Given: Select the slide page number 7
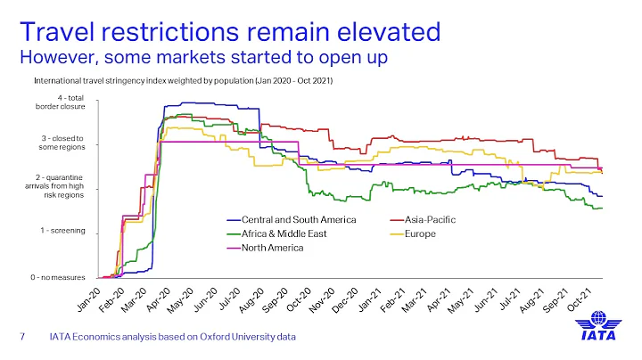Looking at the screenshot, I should tap(24, 338).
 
